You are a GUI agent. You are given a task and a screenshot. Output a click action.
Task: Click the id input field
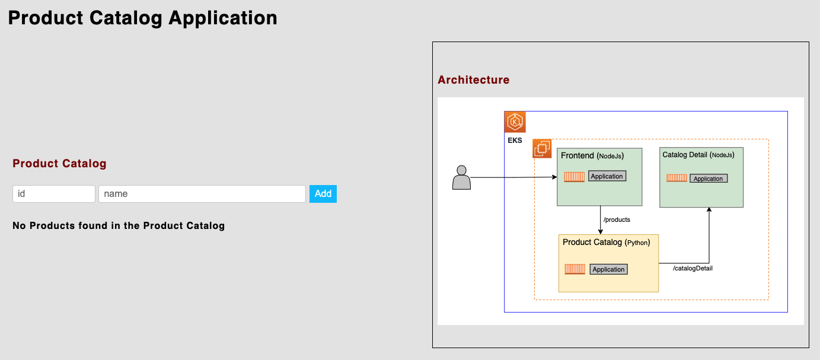tap(54, 194)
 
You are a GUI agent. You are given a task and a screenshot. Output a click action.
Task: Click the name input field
tap(202, 194)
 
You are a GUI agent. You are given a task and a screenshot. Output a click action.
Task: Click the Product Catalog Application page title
tap(142, 18)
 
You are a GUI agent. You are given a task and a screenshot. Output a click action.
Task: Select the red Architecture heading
tap(473, 79)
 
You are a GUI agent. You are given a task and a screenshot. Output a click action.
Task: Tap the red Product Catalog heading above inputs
tap(59, 164)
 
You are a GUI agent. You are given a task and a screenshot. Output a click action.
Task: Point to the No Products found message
tap(119, 225)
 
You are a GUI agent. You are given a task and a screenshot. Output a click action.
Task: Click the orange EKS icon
tap(515, 122)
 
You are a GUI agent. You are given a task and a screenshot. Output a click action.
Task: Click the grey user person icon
tap(461, 178)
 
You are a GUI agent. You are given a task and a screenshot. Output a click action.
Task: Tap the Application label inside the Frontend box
tap(607, 176)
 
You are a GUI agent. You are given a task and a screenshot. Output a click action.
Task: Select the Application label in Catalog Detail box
tap(709, 179)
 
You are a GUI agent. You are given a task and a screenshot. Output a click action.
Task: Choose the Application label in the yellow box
tap(609, 269)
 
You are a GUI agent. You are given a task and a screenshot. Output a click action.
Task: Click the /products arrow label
tap(617, 219)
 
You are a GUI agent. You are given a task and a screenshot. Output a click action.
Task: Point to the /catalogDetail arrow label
tap(693, 268)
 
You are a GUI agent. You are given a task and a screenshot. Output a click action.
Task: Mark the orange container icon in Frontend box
tap(574, 177)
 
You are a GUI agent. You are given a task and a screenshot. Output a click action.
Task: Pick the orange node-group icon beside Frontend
tap(542, 148)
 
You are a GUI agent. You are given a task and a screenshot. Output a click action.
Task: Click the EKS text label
tap(515, 141)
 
